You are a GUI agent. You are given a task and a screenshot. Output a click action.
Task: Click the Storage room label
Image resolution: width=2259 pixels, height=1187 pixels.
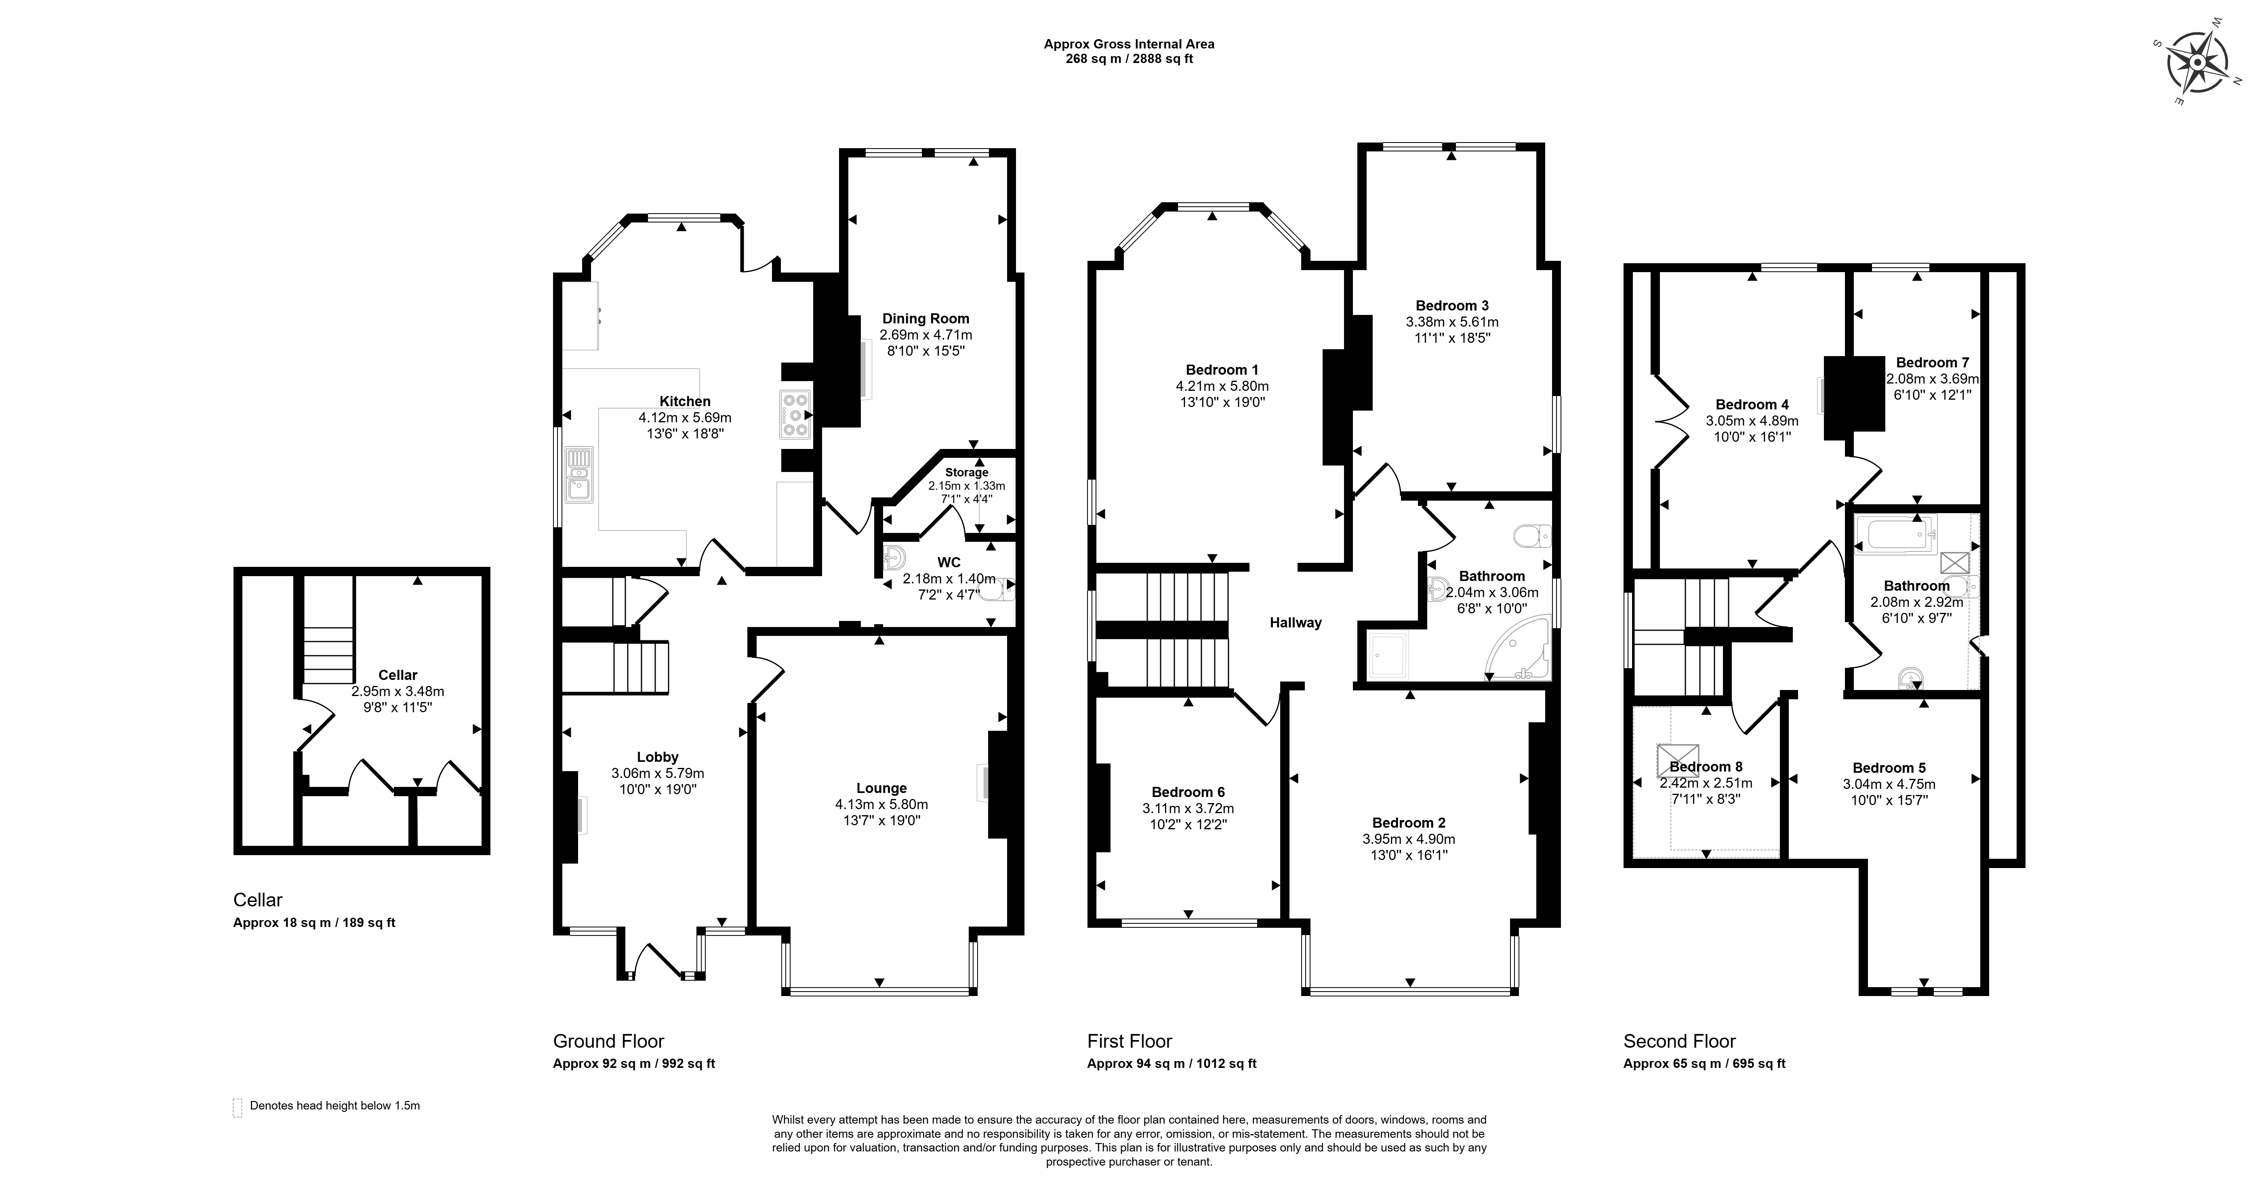(966, 472)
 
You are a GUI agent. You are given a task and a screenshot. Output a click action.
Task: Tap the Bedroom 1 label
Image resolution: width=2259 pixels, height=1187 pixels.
(1222, 370)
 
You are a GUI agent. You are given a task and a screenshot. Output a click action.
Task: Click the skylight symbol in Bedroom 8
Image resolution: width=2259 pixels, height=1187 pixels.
(1678, 760)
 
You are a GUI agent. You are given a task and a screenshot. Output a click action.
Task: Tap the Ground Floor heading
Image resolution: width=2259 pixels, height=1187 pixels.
(609, 1042)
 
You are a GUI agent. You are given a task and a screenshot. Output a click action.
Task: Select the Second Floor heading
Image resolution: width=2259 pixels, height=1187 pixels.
(1679, 1042)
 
